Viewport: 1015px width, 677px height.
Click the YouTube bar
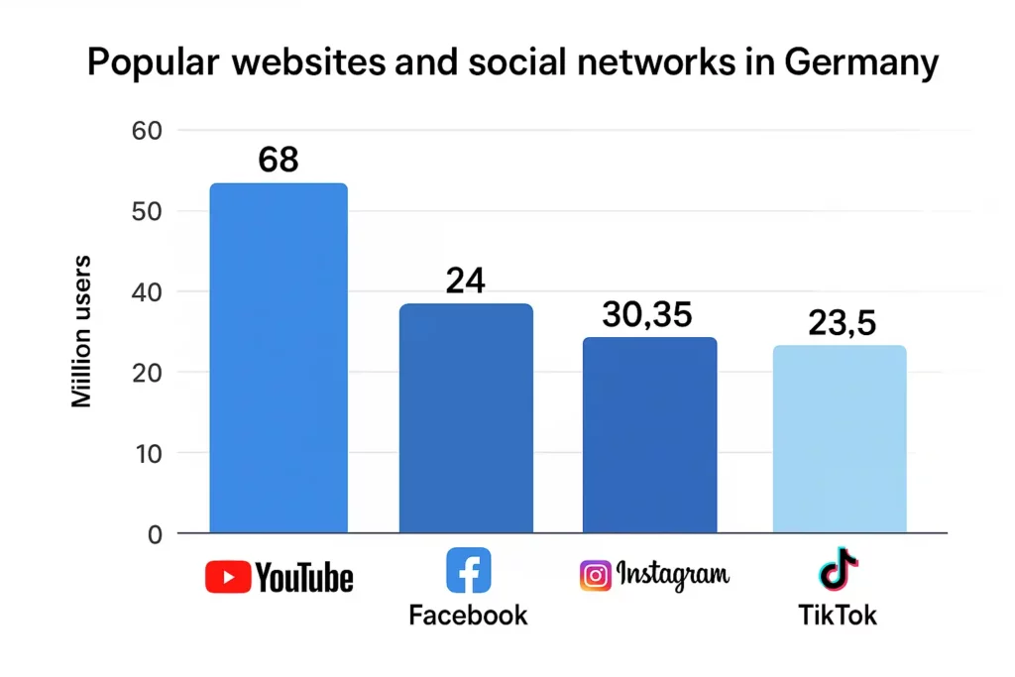(279, 358)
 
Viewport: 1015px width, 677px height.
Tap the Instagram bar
(649, 435)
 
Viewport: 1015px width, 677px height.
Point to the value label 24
(465, 282)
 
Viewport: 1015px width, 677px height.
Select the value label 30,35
(647, 315)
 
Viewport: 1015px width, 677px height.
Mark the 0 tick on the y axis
(154, 534)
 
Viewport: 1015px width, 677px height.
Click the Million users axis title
(82, 331)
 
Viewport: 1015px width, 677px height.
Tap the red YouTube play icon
(228, 577)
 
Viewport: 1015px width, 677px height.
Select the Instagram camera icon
(595, 576)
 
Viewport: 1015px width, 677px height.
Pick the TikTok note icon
(838, 569)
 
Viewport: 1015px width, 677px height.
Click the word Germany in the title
(859, 63)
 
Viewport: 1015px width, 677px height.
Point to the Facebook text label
(468, 616)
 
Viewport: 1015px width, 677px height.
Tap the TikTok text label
(838, 616)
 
